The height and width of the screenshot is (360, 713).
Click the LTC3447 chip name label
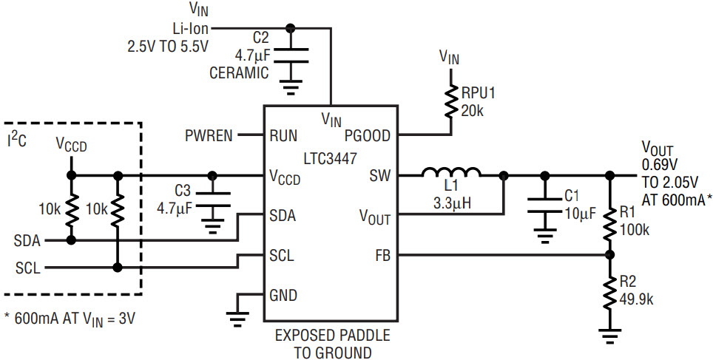(x=331, y=158)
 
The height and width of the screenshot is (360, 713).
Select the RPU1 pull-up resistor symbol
(x=451, y=101)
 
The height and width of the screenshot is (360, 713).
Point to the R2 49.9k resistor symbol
(x=610, y=293)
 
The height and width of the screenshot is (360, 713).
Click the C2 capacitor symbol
(x=291, y=55)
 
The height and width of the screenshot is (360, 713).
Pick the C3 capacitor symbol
(x=212, y=200)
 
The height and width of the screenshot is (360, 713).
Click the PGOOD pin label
(x=368, y=136)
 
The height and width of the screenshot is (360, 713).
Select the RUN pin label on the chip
(x=283, y=136)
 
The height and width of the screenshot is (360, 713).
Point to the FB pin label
(x=382, y=257)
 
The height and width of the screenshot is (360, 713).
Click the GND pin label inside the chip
(x=283, y=296)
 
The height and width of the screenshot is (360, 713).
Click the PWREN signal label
(x=209, y=136)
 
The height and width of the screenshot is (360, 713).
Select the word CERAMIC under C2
(x=239, y=73)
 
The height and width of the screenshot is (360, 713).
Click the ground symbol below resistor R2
(x=610, y=334)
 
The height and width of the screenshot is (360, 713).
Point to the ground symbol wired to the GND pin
(x=238, y=319)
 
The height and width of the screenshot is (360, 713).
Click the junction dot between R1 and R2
(x=610, y=256)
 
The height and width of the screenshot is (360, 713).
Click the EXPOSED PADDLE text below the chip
(x=332, y=336)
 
